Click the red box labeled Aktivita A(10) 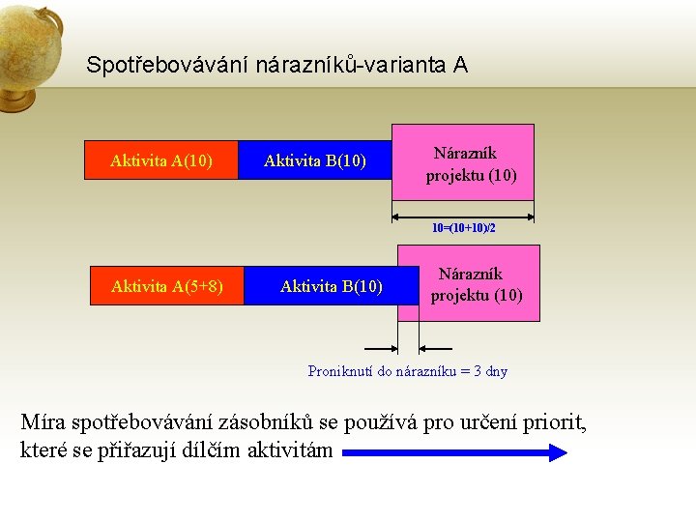[x=161, y=160]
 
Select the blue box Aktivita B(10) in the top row [x=315, y=160]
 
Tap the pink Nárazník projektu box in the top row [x=463, y=162]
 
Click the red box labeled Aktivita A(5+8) [x=167, y=286]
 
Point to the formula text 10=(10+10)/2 [x=463, y=229]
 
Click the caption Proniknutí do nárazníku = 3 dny [x=407, y=371]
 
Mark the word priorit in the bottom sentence [x=553, y=422]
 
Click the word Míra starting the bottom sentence [x=44, y=422]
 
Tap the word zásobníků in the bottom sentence [x=285, y=422]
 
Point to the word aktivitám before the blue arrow [x=290, y=449]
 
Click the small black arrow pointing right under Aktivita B [x=379, y=347]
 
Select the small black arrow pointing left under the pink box [x=437, y=347]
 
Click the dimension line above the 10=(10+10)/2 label [x=463, y=216]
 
